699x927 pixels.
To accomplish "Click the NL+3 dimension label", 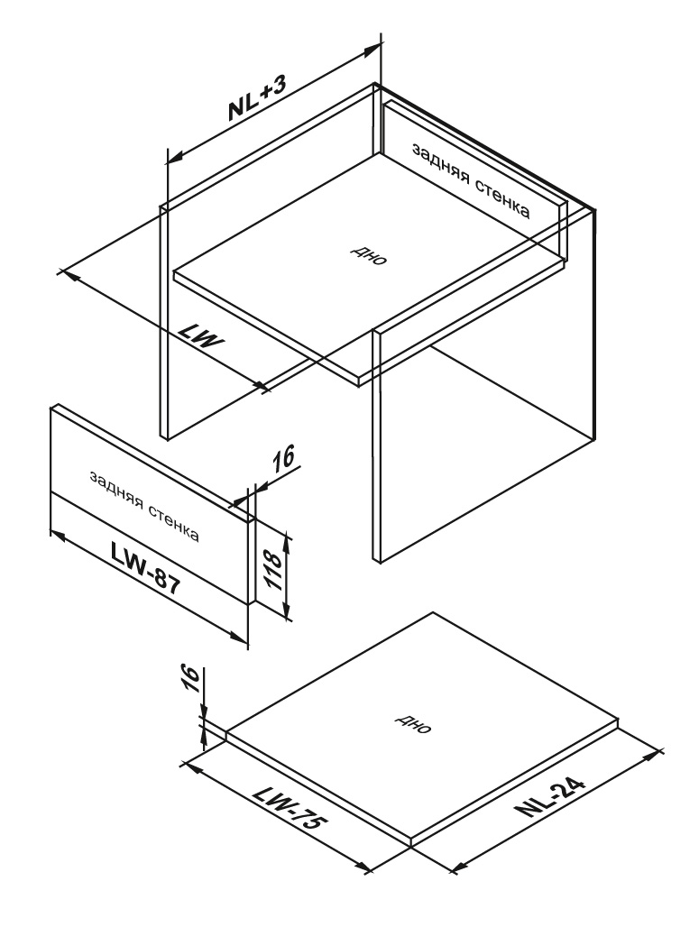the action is coord(258,98).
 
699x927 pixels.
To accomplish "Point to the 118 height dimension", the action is coord(272,569).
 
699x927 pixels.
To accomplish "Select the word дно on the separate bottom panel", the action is coord(413,722).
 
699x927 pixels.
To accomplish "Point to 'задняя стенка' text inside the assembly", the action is coord(470,180).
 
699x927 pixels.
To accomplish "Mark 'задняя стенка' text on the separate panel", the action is coord(144,506).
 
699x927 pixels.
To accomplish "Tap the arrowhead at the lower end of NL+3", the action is coord(176,156).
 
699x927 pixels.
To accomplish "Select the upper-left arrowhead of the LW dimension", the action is coord(67,274).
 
